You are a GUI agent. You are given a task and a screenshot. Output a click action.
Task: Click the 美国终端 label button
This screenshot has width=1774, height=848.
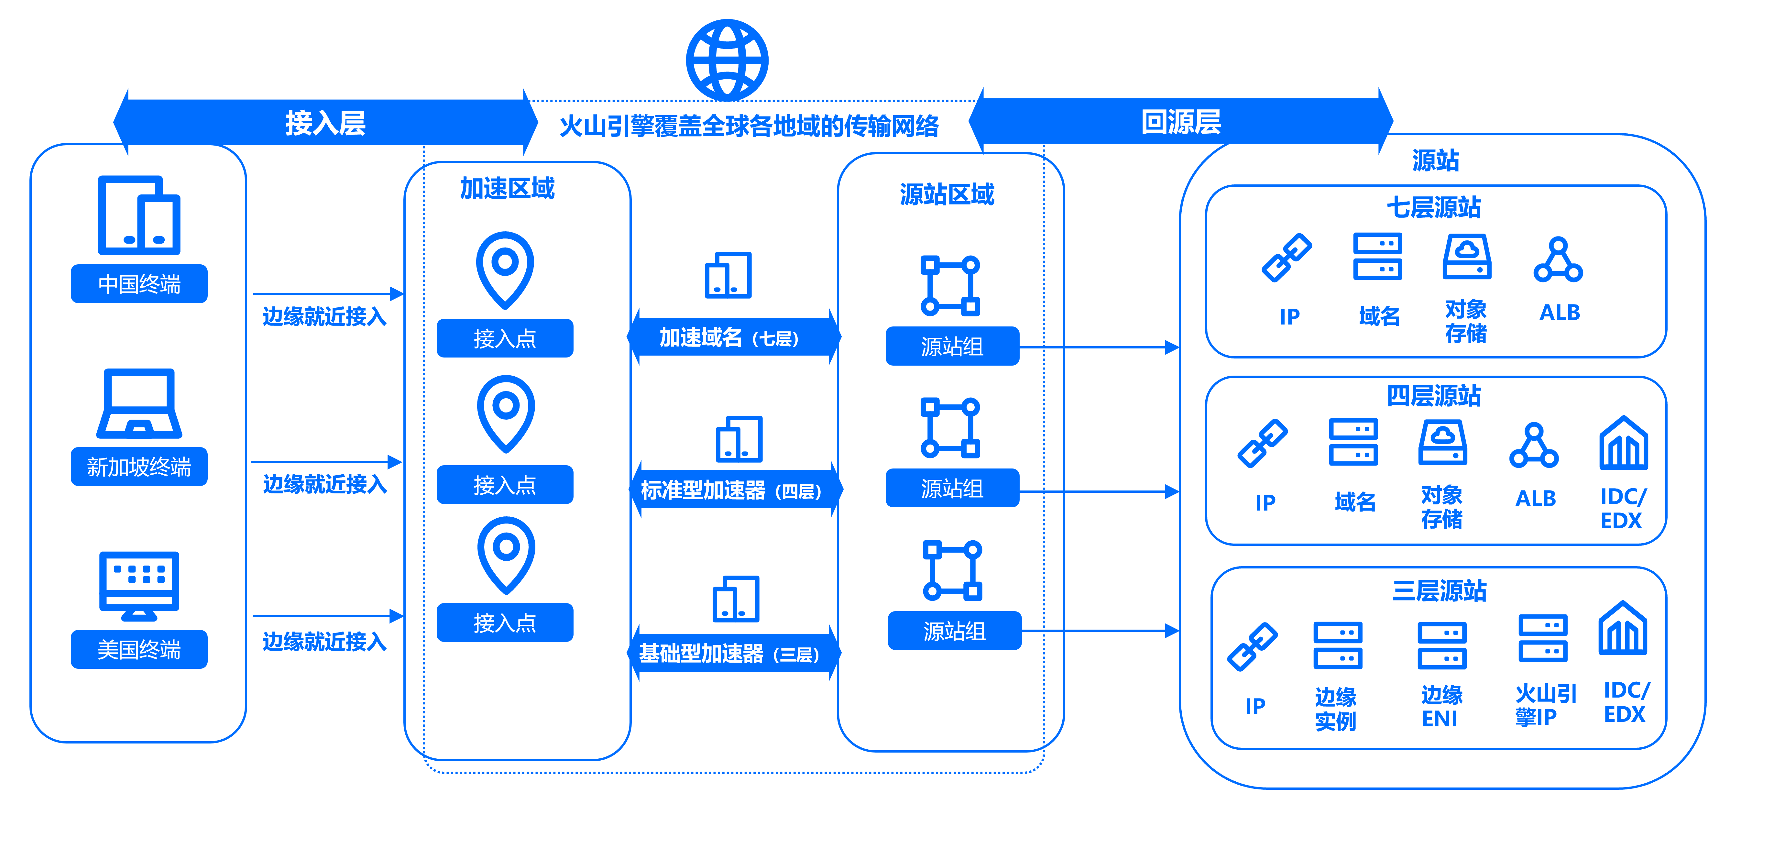click(x=139, y=649)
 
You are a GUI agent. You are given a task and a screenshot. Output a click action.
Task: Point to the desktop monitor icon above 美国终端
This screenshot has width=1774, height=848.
click(x=139, y=586)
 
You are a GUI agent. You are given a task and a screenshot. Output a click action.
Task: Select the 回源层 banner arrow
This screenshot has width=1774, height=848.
click(x=1180, y=122)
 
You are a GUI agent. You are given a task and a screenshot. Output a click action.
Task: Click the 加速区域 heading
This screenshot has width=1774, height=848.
click(x=507, y=188)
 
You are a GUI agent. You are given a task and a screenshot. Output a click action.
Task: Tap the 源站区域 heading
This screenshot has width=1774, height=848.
click(x=947, y=194)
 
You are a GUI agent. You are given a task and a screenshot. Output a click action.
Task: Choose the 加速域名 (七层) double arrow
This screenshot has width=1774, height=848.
click(x=733, y=337)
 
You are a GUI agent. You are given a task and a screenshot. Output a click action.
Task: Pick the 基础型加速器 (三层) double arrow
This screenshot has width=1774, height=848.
click(x=733, y=653)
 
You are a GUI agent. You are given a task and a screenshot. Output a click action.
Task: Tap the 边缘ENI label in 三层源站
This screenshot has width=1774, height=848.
click(x=1441, y=706)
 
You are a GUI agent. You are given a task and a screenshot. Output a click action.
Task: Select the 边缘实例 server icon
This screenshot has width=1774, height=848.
click(x=1337, y=645)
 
